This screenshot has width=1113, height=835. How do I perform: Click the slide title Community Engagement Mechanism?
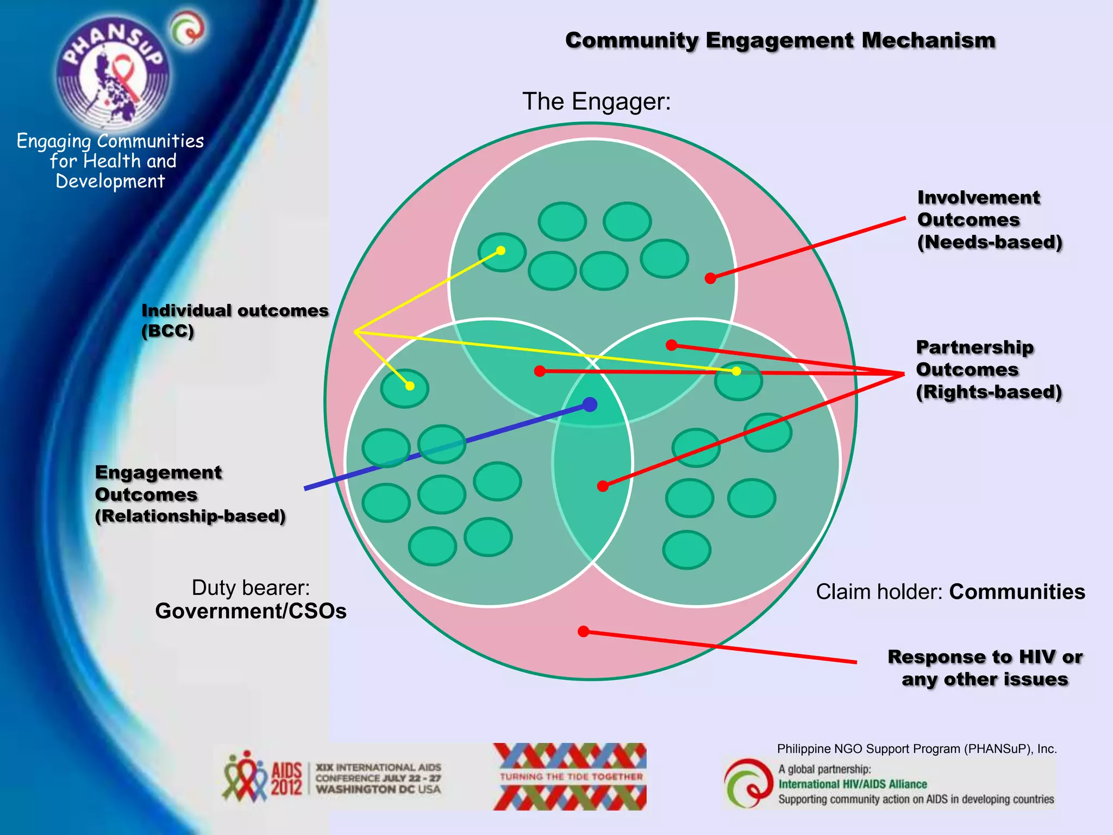click(x=780, y=41)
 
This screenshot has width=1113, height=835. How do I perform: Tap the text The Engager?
click(x=596, y=102)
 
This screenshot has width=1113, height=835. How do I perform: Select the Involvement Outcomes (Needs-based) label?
click(x=989, y=220)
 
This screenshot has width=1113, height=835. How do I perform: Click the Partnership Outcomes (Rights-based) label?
click(x=988, y=370)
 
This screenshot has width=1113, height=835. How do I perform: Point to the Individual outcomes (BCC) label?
click(x=234, y=320)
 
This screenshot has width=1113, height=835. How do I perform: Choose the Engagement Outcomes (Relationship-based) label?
click(x=190, y=494)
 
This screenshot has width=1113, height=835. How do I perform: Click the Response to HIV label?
click(x=985, y=668)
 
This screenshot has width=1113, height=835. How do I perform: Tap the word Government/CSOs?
click(x=251, y=611)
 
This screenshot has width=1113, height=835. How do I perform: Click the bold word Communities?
click(x=1017, y=591)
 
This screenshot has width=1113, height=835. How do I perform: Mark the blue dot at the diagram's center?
click(x=590, y=404)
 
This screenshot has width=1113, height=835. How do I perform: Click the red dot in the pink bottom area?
click(x=583, y=631)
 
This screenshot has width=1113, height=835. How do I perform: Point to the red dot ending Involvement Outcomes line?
click(x=710, y=278)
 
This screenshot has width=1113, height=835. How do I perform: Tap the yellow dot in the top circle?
click(x=501, y=251)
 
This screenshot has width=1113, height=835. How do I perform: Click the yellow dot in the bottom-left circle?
click(x=410, y=386)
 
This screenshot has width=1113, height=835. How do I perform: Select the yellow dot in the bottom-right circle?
click(x=736, y=371)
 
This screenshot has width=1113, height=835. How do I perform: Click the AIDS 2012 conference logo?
click(x=332, y=777)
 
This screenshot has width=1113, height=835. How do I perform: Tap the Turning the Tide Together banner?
click(x=570, y=776)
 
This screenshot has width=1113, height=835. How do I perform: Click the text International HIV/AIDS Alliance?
click(x=852, y=784)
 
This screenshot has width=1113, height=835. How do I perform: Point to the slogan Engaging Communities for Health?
click(x=110, y=160)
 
